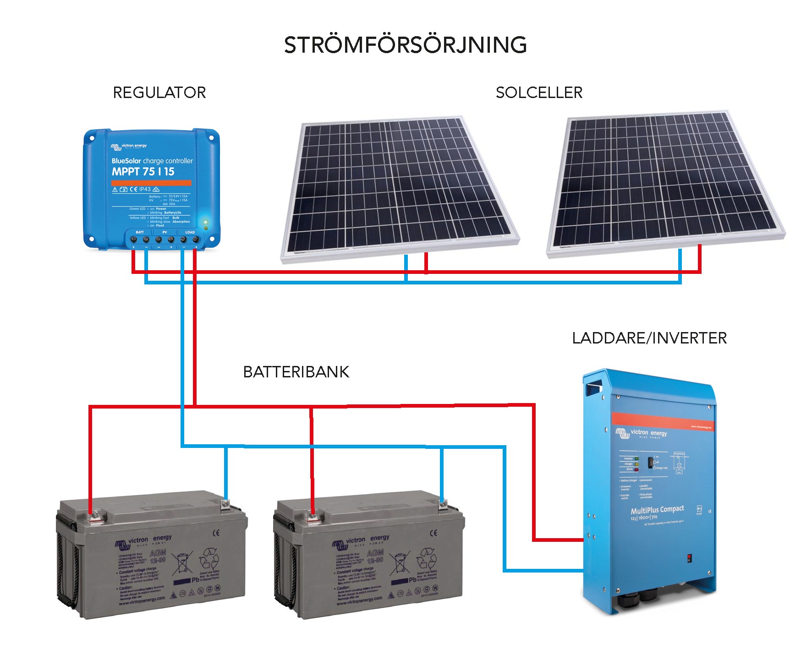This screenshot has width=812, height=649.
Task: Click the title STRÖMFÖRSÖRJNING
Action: click(x=405, y=45)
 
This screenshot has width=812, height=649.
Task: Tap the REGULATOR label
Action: click(x=159, y=93)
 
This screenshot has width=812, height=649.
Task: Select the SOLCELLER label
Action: click(x=539, y=93)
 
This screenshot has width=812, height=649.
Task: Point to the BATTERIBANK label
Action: click(x=296, y=372)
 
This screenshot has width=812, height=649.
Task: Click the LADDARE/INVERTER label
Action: click(x=649, y=338)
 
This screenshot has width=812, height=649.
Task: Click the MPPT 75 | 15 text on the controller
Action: click(x=143, y=172)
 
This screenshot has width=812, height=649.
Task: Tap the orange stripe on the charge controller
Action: click(x=151, y=182)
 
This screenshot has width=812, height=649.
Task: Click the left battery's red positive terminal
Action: click(x=94, y=515)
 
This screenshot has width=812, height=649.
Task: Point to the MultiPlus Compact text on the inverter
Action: click(x=657, y=510)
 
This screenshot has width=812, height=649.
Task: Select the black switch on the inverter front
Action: click(x=650, y=463)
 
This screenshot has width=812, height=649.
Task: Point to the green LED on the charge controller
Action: click(x=206, y=222)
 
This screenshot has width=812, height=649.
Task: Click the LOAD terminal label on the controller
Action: click(x=190, y=232)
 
